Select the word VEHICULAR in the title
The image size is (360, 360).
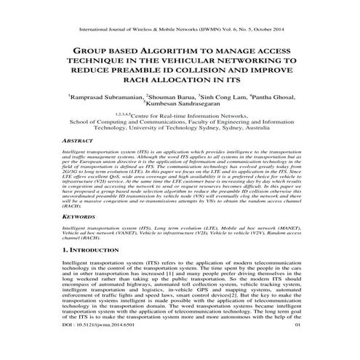[x=202, y=63]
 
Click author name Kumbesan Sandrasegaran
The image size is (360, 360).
[x=182, y=105]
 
